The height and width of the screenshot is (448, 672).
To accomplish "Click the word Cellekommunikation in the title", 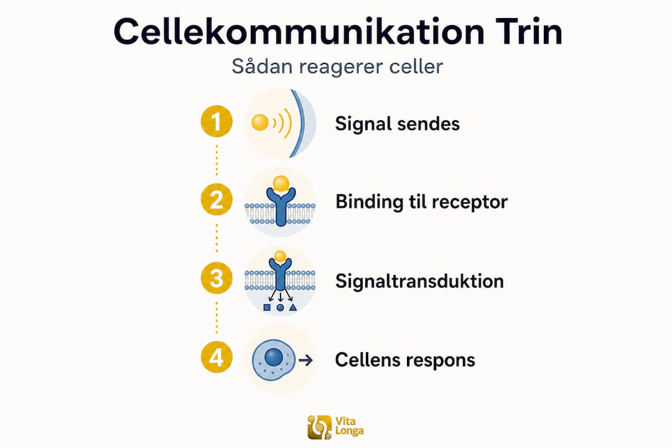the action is (299, 32).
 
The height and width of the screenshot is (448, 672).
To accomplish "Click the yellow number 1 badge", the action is (217, 121).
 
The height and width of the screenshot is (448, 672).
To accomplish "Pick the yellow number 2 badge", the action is (217, 200).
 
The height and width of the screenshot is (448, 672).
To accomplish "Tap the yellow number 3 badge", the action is (217, 278).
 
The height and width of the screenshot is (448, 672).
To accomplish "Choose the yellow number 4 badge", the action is (217, 357).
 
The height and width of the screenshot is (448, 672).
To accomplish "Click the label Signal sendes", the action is (397, 124).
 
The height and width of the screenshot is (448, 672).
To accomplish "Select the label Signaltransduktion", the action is (419, 281).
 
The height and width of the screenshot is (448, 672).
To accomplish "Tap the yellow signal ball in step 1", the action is (260, 122).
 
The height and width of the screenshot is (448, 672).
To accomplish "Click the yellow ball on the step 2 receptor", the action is (281, 184).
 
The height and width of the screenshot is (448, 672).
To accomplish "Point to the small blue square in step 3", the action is (267, 307).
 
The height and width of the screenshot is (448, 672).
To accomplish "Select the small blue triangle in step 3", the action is (293, 307).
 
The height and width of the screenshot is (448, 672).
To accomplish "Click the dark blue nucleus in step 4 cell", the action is (274, 357).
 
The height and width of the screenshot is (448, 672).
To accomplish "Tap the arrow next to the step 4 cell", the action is (306, 360).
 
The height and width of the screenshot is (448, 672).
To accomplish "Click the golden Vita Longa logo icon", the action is (320, 427).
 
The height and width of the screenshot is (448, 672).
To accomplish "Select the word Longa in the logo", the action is (349, 431).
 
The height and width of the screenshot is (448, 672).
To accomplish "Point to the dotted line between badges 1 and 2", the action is (217, 161).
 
